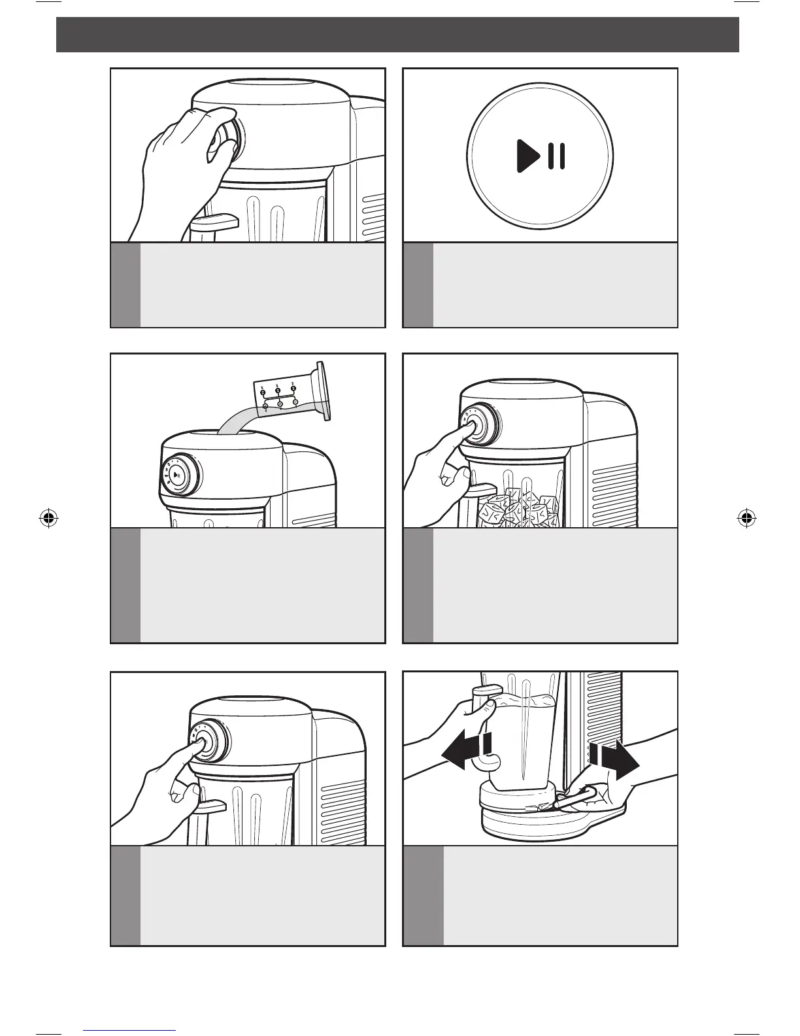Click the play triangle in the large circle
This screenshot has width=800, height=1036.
(x=527, y=156)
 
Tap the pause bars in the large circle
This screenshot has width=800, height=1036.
(x=557, y=156)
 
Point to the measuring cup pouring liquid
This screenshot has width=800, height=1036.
(x=291, y=396)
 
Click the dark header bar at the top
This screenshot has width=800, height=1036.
(x=397, y=35)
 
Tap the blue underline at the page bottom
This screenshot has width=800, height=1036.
(x=130, y=1029)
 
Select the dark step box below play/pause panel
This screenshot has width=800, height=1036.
(x=418, y=285)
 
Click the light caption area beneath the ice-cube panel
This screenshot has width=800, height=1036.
(x=554, y=585)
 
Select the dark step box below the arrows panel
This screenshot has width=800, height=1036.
(x=424, y=895)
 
